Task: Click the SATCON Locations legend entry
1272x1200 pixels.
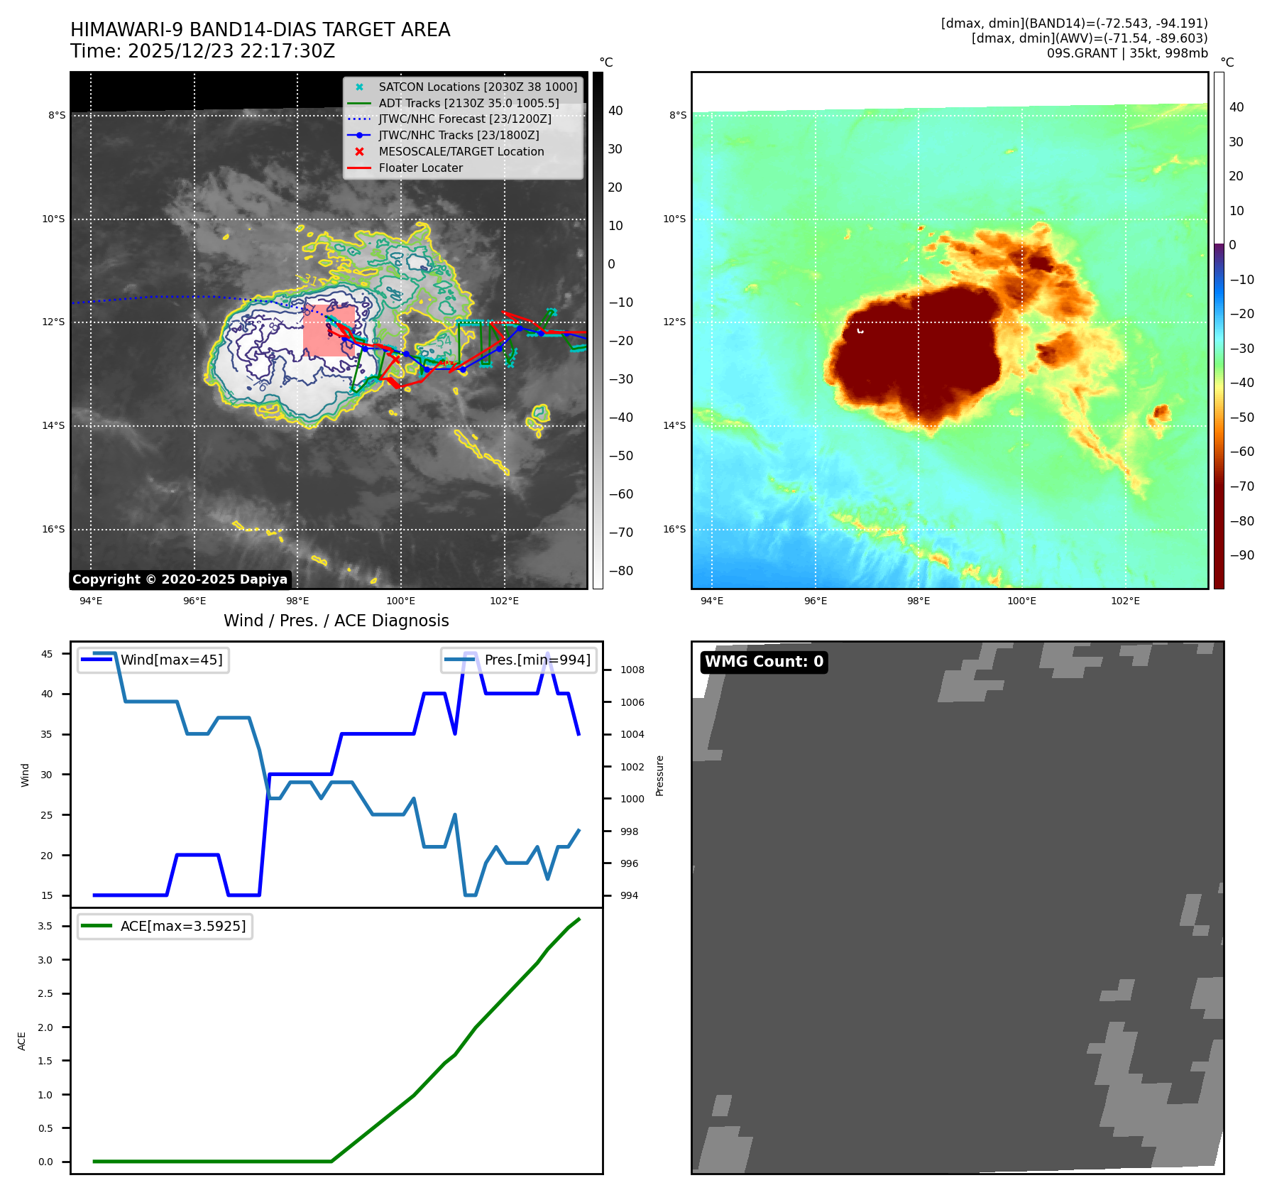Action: (477, 87)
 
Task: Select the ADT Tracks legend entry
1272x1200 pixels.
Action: (468, 103)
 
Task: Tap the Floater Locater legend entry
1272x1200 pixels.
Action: (420, 168)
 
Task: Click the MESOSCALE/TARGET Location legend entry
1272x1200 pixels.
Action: (461, 152)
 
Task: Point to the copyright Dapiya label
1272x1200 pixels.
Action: (180, 579)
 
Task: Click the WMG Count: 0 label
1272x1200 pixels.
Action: (764, 662)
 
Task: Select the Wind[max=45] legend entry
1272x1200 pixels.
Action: (171, 660)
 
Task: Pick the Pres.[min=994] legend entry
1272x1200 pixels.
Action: (537, 660)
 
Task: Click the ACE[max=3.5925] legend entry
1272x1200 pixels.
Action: (182, 926)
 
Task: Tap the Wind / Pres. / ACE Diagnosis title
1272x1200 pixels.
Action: (336, 621)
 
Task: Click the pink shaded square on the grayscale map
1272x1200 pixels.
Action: (329, 330)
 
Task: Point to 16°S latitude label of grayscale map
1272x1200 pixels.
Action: (53, 529)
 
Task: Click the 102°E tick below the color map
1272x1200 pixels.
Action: (1125, 601)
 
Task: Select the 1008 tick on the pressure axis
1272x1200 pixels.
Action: (632, 670)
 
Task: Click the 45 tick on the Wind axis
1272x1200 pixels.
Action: (47, 654)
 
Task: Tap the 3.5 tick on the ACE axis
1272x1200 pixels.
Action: (45, 926)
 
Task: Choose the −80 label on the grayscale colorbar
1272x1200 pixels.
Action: (620, 571)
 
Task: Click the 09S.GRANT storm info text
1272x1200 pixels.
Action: (1126, 53)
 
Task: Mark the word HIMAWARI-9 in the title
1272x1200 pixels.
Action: (127, 30)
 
